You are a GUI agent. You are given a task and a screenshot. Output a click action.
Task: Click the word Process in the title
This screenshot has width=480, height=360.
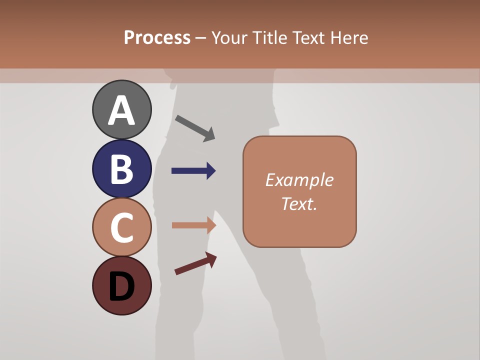pyautogui.click(x=157, y=37)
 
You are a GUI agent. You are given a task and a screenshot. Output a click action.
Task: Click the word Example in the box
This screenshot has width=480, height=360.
pyautogui.click(x=299, y=180)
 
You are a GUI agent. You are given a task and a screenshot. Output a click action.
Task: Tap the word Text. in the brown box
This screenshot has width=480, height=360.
pyautogui.click(x=299, y=203)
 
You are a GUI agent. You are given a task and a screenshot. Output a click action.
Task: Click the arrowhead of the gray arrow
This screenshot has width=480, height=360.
pyautogui.click(x=209, y=134)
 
